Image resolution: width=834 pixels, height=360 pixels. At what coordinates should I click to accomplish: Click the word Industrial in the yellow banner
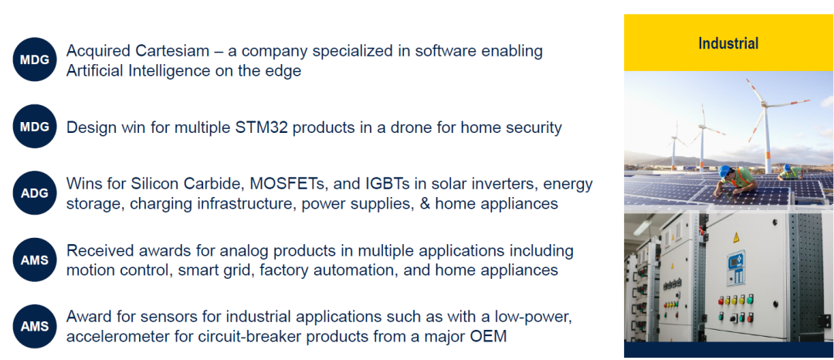point(728,43)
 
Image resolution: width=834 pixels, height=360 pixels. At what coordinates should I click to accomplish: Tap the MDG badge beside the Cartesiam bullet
point(35,59)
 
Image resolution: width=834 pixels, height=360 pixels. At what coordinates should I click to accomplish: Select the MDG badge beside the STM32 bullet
point(35,127)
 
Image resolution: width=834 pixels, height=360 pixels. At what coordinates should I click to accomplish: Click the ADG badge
point(35,193)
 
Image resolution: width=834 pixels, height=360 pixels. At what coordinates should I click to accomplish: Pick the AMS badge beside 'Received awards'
point(35,260)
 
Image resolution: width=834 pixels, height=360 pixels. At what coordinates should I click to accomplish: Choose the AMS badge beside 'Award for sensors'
point(35,327)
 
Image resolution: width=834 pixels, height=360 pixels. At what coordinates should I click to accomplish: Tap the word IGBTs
point(388,184)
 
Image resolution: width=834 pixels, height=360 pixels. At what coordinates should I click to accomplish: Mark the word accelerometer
point(126,337)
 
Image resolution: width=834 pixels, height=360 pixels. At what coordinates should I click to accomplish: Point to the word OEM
point(488,337)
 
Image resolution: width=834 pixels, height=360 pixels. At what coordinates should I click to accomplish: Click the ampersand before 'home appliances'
point(425,204)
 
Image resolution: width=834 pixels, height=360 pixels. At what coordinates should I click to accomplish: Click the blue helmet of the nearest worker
point(724,171)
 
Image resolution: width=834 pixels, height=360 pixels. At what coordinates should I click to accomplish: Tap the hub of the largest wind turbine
point(765,105)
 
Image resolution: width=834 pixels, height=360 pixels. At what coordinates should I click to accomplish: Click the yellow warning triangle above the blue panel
point(736,237)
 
